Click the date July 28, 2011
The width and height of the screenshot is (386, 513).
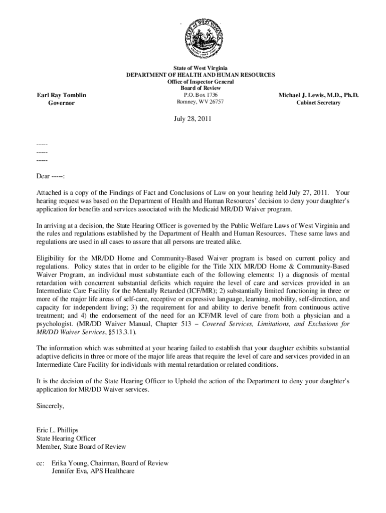193,120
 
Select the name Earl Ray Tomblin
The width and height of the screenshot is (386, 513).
62,95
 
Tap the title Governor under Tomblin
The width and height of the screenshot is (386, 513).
62,103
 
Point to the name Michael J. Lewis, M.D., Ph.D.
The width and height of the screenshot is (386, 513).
318,95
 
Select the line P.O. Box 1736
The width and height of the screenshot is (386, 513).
201,95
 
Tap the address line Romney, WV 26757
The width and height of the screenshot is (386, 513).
201,102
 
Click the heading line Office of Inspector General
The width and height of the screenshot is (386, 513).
201,81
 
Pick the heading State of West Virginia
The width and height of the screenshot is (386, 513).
201,68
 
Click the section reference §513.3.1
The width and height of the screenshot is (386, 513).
120,332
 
